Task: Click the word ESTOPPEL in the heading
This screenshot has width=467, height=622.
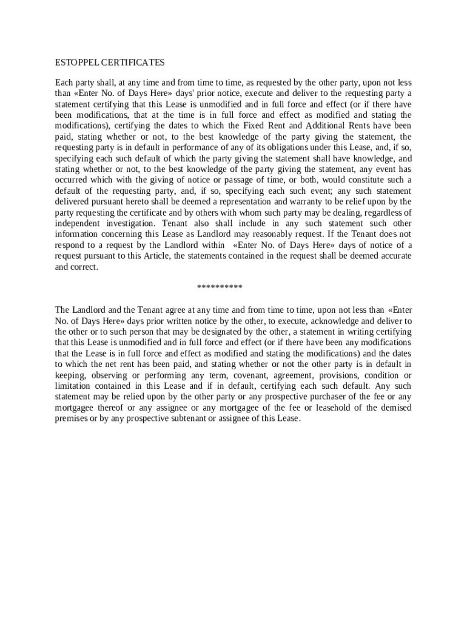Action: [x=77, y=63]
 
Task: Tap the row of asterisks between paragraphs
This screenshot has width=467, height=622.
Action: [x=220, y=287]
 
